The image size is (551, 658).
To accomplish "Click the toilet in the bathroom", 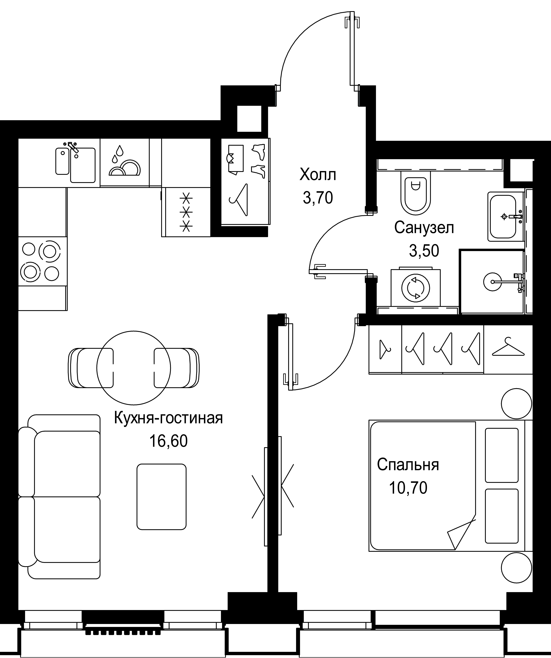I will point(415,194).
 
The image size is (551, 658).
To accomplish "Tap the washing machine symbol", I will point(415,287).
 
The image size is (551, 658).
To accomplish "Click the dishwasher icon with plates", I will point(125,163).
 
